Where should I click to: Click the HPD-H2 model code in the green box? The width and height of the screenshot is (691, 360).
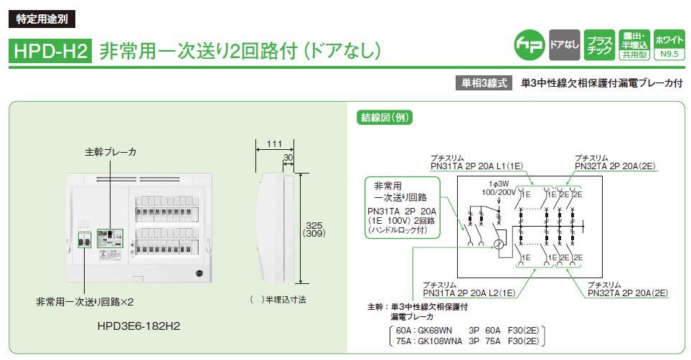49,50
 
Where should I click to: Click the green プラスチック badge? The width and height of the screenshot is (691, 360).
598,44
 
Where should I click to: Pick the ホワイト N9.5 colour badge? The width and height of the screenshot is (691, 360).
669,44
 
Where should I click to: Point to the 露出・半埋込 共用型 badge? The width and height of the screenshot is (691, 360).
634,44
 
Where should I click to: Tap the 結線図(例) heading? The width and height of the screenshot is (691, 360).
385,118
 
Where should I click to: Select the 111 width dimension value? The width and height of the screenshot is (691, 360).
273,144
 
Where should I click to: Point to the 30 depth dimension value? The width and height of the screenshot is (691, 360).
288,156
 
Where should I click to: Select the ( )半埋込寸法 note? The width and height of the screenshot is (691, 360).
275,300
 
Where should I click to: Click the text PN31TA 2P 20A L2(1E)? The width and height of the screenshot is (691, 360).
471,293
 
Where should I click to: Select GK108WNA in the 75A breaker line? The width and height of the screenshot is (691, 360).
439,341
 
